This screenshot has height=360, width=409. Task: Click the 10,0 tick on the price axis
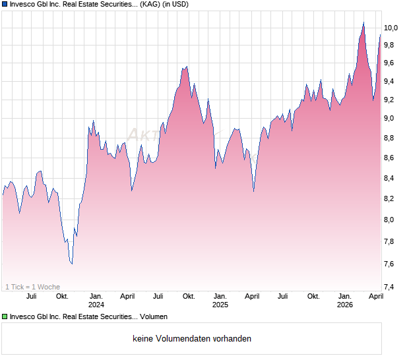391,28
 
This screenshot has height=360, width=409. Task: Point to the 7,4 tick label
391,287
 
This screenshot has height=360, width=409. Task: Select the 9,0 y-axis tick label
391,119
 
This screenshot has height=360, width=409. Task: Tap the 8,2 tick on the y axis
391,199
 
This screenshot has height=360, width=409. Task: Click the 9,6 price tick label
391,63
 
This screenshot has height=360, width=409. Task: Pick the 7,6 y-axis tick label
391,264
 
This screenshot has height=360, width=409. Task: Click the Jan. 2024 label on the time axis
96,300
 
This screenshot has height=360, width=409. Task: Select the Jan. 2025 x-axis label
220,300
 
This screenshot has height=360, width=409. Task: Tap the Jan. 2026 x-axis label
344,300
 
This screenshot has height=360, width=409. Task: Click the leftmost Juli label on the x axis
31,296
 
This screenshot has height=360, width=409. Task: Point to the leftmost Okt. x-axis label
62,296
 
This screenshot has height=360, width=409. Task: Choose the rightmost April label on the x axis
375,296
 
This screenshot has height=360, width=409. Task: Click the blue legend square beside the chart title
5,5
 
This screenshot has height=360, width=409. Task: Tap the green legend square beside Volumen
5,316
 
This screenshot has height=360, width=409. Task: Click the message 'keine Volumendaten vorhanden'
191,339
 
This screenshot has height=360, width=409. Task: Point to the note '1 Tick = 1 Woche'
33,286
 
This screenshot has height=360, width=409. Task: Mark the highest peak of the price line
363,23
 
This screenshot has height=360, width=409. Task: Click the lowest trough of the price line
71,264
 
